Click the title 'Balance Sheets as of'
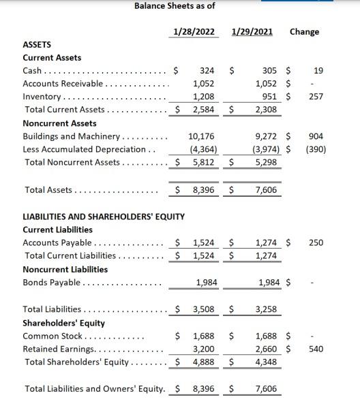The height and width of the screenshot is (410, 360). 175,6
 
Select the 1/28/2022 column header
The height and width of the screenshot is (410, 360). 194,32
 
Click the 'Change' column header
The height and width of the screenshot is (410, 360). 304,32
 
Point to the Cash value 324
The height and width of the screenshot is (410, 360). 207,70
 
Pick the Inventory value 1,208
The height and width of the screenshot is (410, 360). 203,97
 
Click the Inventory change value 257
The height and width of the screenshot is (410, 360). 316,97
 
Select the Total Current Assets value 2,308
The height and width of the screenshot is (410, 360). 265,109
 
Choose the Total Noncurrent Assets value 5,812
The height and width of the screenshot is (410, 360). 203,163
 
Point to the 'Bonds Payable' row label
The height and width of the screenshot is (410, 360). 51,283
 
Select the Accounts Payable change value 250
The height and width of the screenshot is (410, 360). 316,242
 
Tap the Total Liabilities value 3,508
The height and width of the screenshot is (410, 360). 203,309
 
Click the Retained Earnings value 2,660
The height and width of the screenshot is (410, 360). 265,349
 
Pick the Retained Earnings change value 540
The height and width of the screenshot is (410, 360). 316,349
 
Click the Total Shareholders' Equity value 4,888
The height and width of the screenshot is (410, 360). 203,361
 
